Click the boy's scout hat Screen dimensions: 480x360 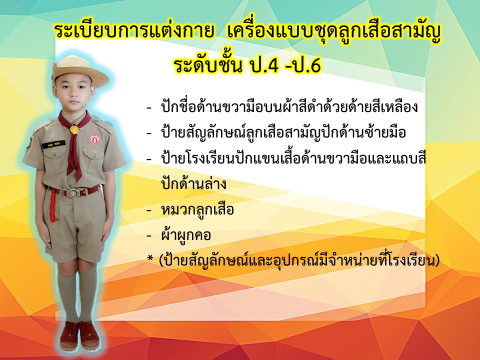[x=80, y=71]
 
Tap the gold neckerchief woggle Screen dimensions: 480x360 [x=74, y=129]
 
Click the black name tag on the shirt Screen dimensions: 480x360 [x=54, y=144]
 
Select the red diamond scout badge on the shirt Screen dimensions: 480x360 [x=94, y=139]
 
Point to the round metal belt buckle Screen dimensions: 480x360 [x=74, y=193]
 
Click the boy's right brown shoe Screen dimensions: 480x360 [x=69, y=336]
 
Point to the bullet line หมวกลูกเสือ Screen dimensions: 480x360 [x=197, y=209]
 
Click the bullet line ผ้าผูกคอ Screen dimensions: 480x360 [x=186, y=235]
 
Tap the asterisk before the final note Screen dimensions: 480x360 [x=150, y=258]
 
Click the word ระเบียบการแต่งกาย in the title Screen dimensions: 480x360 [x=134, y=31]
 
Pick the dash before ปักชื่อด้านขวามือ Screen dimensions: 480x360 [x=149, y=108]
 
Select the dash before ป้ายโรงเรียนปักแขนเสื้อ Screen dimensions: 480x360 [x=149, y=159]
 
